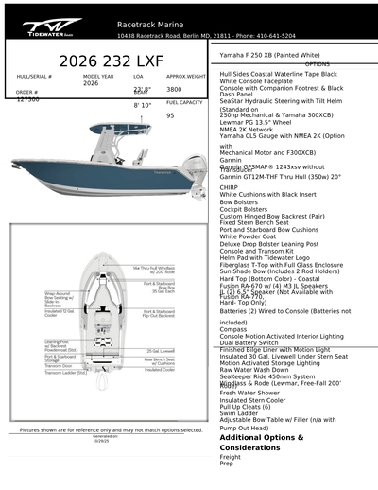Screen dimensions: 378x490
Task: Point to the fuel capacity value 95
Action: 170,115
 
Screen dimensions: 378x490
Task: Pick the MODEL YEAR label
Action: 99,75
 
